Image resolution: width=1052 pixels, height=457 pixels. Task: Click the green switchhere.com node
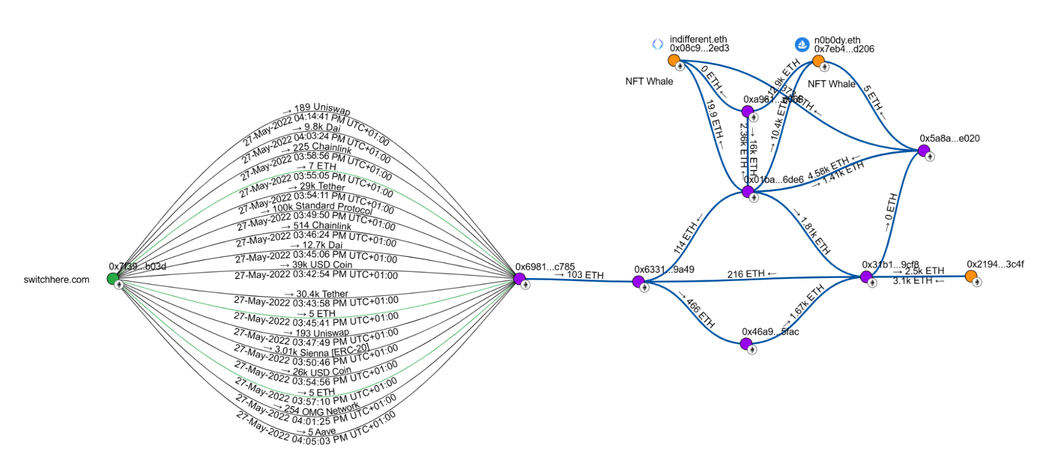tap(113, 279)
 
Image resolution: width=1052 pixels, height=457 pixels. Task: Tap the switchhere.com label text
tap(56, 280)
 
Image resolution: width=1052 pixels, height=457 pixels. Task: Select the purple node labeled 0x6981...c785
tap(519, 279)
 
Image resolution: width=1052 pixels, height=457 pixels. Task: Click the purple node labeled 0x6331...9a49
tap(638, 282)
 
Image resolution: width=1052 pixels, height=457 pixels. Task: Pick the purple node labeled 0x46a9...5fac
tap(746, 344)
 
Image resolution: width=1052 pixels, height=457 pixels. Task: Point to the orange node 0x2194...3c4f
tap(971, 276)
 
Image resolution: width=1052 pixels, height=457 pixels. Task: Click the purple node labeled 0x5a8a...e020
tap(924, 151)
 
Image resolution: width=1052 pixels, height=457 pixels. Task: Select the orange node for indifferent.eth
tap(674, 61)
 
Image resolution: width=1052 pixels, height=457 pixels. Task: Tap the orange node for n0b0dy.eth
tap(818, 61)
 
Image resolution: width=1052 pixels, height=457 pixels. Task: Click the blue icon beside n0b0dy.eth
tap(802, 45)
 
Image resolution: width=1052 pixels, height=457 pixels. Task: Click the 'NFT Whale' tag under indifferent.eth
tap(649, 82)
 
